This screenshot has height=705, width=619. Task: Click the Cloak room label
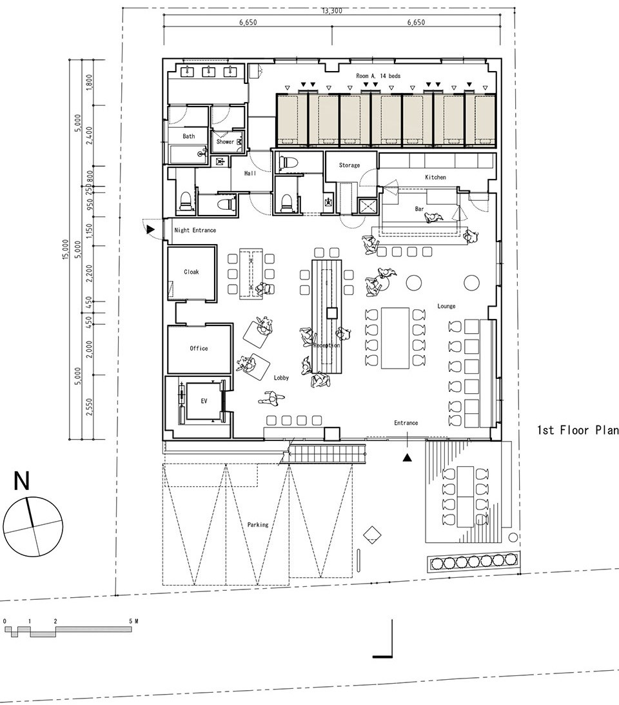click(x=192, y=272)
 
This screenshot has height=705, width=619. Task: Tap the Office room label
click(x=199, y=349)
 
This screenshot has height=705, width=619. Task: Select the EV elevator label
click(x=204, y=401)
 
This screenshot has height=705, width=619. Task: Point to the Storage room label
click(x=349, y=165)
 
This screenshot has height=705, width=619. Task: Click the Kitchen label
click(x=435, y=177)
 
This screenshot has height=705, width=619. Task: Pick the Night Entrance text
click(x=195, y=230)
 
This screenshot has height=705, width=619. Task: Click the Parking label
click(x=258, y=525)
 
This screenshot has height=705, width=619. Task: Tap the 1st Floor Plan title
click(x=578, y=430)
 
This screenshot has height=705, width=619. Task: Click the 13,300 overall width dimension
click(x=332, y=10)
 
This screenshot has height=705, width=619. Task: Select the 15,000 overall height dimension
click(x=66, y=249)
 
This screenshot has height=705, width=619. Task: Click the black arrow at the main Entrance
click(x=408, y=458)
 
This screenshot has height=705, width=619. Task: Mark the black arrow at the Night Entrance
click(x=150, y=230)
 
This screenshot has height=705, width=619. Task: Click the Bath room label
click(x=189, y=136)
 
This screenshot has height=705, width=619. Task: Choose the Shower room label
click(x=225, y=141)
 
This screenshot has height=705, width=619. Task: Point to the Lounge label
click(x=446, y=306)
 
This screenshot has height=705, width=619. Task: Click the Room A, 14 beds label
click(x=378, y=76)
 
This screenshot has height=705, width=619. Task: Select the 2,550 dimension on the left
click(x=89, y=407)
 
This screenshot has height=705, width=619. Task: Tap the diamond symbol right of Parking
click(x=371, y=535)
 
